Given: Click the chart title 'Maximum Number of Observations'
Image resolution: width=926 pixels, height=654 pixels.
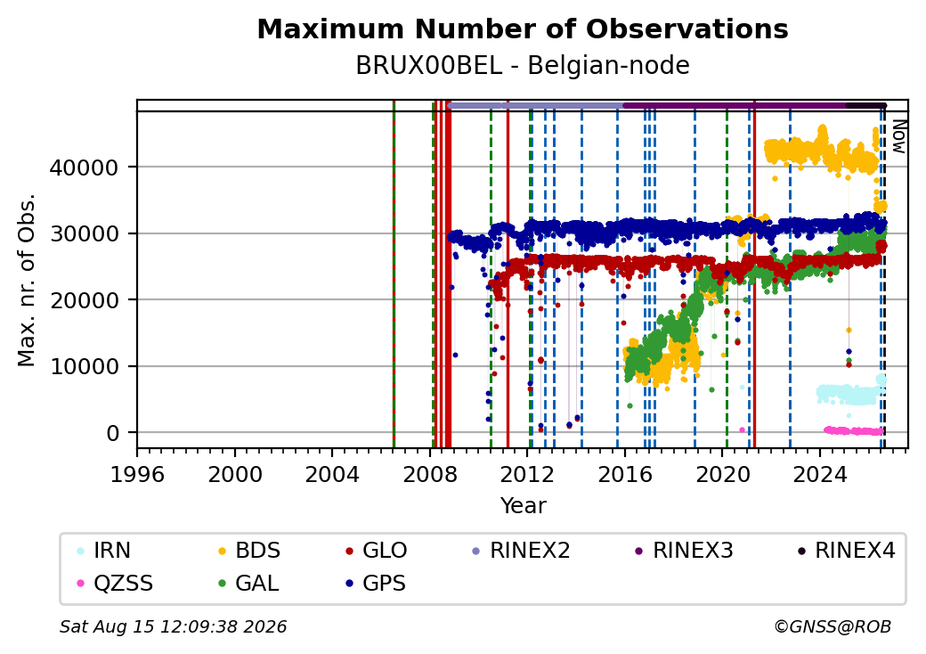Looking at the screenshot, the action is [523, 29].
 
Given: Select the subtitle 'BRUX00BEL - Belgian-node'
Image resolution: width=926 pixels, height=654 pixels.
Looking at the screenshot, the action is [523, 66].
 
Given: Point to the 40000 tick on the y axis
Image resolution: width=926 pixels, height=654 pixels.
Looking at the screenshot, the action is [85, 168].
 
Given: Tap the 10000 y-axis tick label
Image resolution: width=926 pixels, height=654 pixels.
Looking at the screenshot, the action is [85, 367].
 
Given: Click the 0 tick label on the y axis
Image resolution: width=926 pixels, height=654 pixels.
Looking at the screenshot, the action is [113, 434].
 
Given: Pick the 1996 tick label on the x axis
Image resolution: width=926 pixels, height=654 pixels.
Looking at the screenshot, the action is [137, 474].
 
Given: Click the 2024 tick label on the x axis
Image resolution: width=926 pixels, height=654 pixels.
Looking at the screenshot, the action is [820, 474].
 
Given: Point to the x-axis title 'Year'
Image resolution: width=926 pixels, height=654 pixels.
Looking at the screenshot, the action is [524, 506].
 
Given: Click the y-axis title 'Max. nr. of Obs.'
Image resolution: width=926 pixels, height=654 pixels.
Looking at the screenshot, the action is [27, 280].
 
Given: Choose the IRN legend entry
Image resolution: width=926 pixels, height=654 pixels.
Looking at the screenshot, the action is [104, 551].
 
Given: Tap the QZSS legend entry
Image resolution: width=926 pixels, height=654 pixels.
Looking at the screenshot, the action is [115, 584].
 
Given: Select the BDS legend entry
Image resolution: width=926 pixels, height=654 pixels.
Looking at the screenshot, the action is [249, 551].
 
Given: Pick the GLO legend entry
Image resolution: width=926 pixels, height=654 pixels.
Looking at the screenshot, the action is [376, 551].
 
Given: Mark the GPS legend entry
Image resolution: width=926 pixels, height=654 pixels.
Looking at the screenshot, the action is [376, 584].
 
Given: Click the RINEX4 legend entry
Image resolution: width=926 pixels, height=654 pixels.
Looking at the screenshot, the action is [846, 551].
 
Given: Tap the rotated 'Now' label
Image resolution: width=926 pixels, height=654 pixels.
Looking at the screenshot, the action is [898, 136].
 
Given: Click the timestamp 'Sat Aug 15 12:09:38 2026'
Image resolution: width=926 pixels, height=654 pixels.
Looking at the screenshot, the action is [173, 626].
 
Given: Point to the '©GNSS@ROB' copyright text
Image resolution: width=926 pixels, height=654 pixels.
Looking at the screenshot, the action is [833, 626].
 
